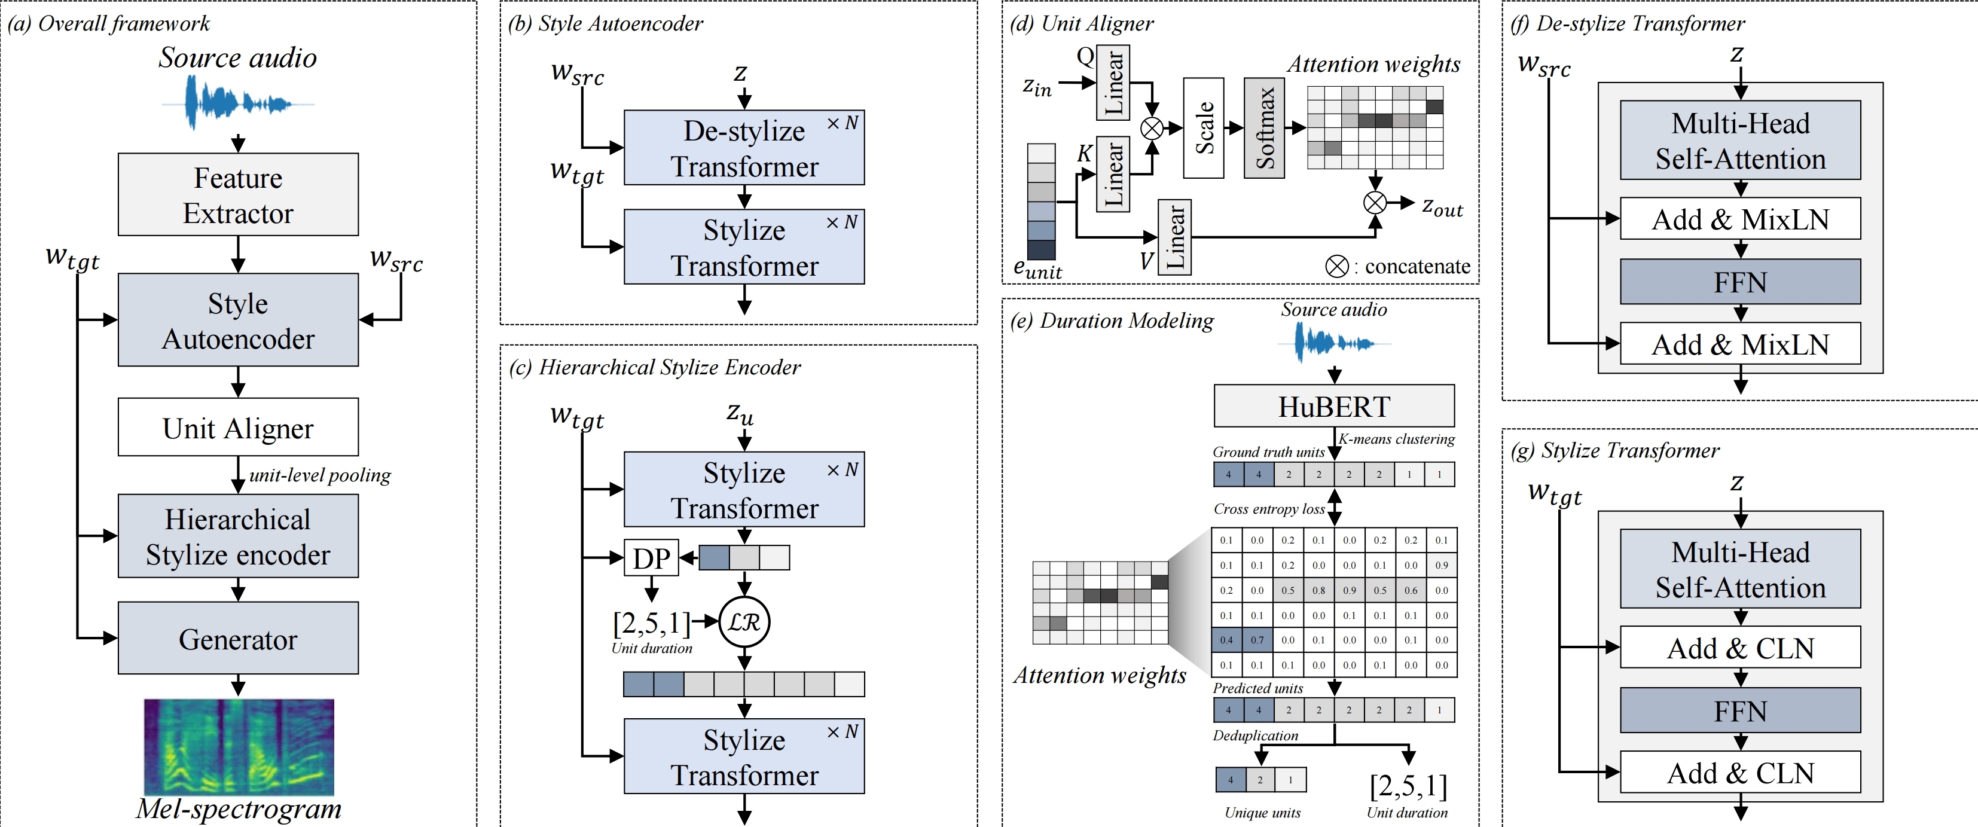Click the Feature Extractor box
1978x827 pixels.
pos(238,195)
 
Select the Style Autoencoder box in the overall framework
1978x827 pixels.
pos(238,320)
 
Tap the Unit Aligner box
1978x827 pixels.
pos(238,428)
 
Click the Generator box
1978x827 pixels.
pos(238,639)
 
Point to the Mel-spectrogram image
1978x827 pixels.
pos(239,746)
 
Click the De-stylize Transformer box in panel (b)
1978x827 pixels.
pos(743,148)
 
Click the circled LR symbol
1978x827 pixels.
pos(744,622)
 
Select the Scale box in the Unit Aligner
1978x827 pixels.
pos(1203,128)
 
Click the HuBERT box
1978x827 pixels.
pos(1334,406)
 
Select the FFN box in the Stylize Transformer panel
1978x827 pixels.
pos(1740,711)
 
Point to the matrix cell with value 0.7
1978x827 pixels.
pos(1257,640)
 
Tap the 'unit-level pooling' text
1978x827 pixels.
pos(319,475)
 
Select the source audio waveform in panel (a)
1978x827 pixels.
pos(238,103)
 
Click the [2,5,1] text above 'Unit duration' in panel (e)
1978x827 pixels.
pos(1408,786)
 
